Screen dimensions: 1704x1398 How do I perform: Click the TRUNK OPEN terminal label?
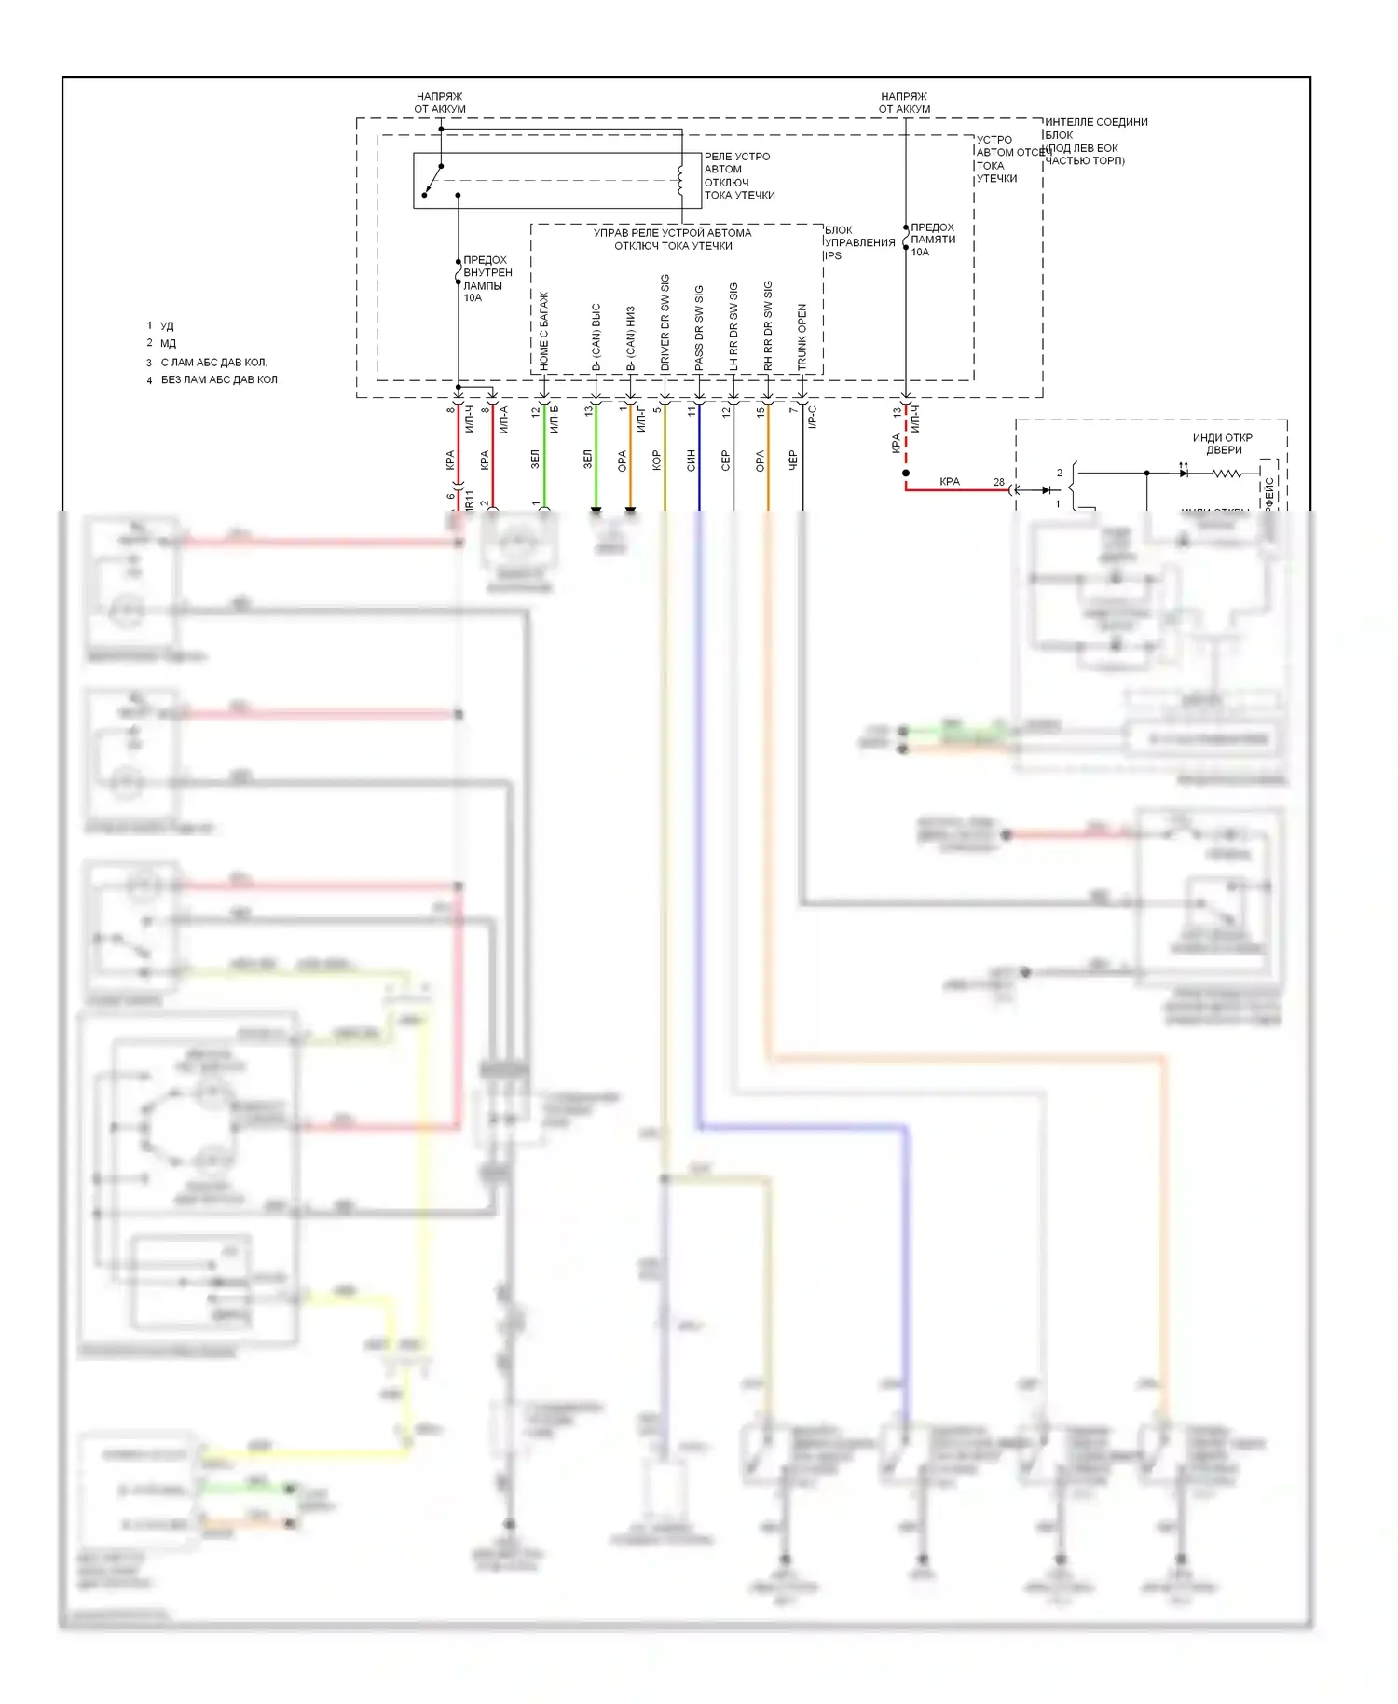(x=802, y=337)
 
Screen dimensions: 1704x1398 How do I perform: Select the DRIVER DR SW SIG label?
(x=665, y=323)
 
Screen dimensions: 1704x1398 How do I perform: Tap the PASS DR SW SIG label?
(x=699, y=327)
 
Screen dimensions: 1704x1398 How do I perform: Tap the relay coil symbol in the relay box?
(x=681, y=180)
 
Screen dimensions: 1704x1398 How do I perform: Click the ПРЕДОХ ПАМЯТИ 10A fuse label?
(x=932, y=240)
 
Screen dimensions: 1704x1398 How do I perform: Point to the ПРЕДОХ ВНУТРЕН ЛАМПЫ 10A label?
(x=487, y=279)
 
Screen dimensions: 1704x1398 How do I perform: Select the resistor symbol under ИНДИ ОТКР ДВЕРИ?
(x=1226, y=474)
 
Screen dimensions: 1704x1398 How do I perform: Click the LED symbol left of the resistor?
(x=1184, y=474)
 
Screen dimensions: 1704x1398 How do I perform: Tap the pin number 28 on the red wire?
(x=998, y=482)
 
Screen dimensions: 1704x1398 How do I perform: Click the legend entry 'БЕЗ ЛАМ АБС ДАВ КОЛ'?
(x=219, y=379)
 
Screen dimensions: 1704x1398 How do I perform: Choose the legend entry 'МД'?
(x=168, y=343)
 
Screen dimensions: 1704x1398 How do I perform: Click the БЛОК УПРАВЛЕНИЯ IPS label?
(x=858, y=242)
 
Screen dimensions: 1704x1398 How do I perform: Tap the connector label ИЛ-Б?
(x=554, y=419)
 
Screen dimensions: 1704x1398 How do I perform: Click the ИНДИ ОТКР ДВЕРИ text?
(x=1223, y=444)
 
